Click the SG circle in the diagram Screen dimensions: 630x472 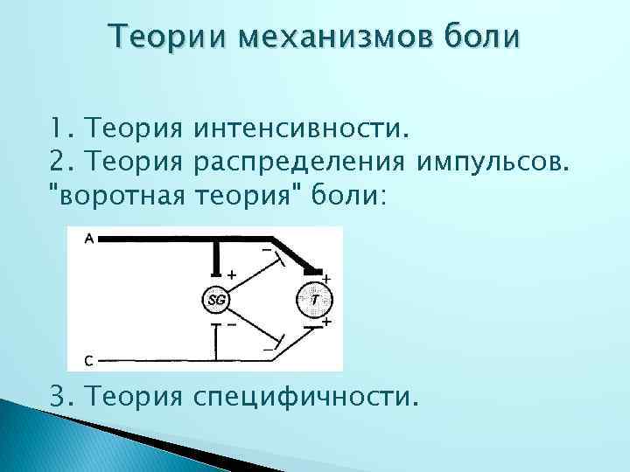pos(216,300)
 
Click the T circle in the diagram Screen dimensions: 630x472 pos(315,300)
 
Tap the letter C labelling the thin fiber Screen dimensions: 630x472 pos(89,359)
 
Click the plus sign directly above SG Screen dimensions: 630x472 pos(231,274)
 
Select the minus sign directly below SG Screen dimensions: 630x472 pos(231,323)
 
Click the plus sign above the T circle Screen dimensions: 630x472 pos(327,277)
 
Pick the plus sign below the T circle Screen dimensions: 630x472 pos(326,322)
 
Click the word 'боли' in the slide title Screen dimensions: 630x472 pos(482,38)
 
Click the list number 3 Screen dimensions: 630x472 pos(58,399)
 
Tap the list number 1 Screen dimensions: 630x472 pos(57,131)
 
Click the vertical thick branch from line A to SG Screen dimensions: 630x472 pos(216,260)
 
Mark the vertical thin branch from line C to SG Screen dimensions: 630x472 pos(216,341)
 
